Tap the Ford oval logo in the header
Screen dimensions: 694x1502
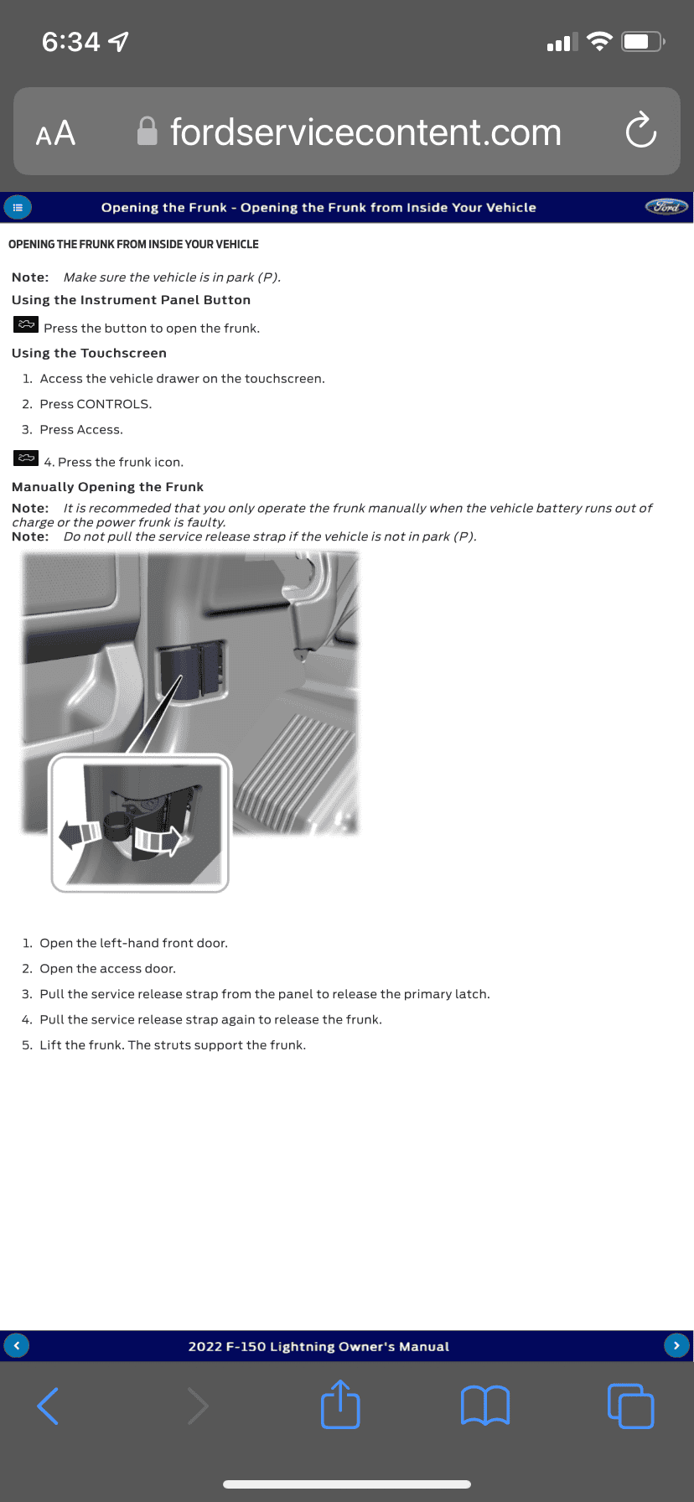(666, 207)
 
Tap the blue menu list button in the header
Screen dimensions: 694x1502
(18, 207)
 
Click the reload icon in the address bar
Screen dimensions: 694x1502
(641, 131)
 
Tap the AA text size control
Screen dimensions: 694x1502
(55, 133)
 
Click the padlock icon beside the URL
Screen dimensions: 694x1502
(148, 131)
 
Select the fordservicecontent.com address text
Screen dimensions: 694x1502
(365, 132)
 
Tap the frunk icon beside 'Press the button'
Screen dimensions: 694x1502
(26, 324)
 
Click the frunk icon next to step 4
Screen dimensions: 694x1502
(26, 458)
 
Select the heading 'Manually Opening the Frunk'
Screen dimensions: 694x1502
(107, 487)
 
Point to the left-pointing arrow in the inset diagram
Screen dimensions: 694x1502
(80, 835)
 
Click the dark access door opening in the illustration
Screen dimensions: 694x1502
(192, 671)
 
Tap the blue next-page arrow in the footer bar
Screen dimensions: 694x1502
(676, 1345)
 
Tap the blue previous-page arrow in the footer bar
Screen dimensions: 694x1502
(17, 1345)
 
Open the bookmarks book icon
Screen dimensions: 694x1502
(485, 1406)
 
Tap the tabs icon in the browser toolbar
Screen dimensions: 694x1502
(630, 1406)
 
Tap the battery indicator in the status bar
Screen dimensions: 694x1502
(643, 41)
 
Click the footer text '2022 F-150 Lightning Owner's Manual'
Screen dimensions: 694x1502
(319, 1346)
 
